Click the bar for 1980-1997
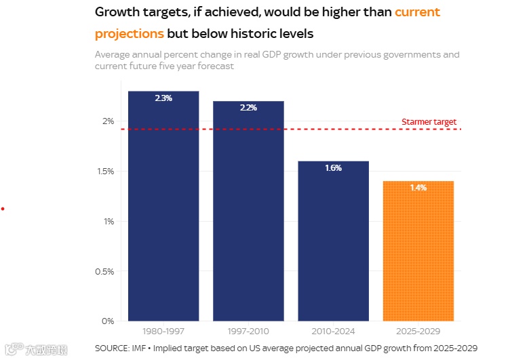point(163,207)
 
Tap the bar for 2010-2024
point(333,241)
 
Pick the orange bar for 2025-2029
point(418,252)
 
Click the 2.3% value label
point(163,98)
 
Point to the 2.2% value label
point(248,108)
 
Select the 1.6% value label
point(333,168)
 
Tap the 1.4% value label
point(418,188)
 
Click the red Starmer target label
point(429,122)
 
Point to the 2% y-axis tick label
point(108,121)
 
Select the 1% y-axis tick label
point(108,221)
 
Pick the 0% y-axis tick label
point(108,321)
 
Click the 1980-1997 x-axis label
point(163,332)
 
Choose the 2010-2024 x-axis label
point(333,332)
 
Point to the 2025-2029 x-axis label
point(418,332)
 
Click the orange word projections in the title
point(130,33)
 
